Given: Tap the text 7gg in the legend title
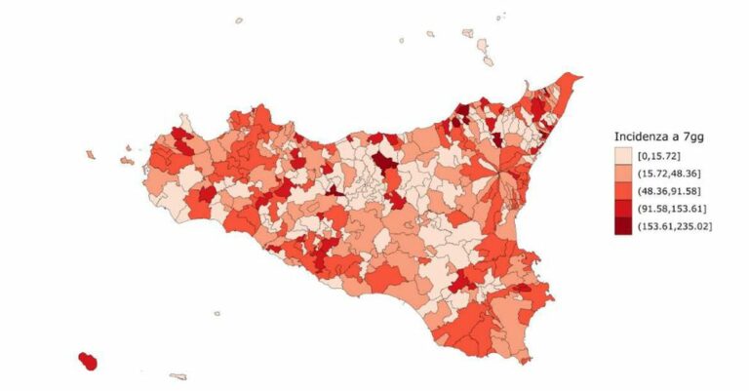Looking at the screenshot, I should click(x=706, y=137).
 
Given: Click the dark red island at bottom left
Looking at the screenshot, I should click(x=88, y=362).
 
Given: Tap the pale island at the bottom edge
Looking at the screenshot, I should click(x=177, y=376).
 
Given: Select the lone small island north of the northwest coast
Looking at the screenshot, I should click(x=240, y=19).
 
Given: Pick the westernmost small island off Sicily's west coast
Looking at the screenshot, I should click(x=91, y=154).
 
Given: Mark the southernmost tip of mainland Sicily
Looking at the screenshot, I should click(x=525, y=362).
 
